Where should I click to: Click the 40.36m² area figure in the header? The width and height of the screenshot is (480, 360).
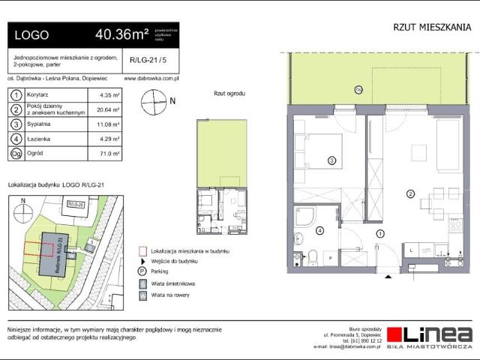(x=121, y=34)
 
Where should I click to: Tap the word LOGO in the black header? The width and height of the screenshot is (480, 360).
(x=31, y=35)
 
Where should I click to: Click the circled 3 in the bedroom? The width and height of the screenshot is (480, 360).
(x=331, y=160)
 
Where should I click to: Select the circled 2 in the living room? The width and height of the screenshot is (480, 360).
(x=410, y=194)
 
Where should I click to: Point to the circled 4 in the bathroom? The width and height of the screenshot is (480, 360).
(x=320, y=230)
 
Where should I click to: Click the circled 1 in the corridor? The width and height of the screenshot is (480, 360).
(x=380, y=233)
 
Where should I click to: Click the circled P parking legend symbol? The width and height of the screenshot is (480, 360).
(x=142, y=271)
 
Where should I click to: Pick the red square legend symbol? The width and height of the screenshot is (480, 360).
(x=142, y=251)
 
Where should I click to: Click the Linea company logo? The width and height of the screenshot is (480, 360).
(x=430, y=335)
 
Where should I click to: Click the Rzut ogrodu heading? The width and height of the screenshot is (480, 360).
(x=230, y=94)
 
